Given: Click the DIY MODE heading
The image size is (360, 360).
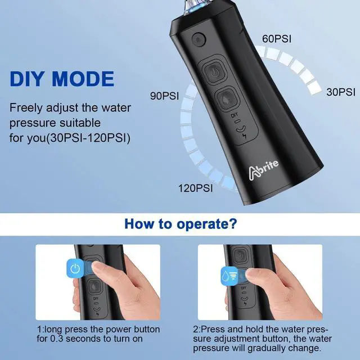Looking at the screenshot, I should tap(62, 78).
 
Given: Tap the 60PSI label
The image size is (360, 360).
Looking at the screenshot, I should tap(276, 39).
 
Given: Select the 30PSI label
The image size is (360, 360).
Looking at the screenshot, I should tap(341, 92).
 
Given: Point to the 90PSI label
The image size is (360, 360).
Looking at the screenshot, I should tap(164, 96).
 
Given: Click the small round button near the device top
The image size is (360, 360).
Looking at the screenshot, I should tap(197, 40).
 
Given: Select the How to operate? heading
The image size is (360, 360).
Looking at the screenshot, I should tap(179, 224).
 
